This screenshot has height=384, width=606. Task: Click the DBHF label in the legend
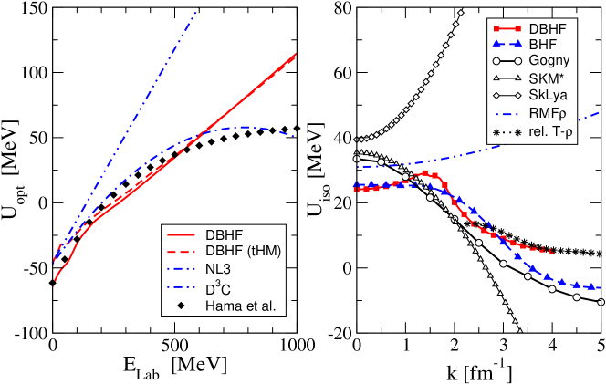(x=548, y=28)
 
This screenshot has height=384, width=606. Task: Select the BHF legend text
(x=544, y=44)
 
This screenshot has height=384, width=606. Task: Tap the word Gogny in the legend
(x=550, y=60)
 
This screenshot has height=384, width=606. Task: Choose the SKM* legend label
(x=549, y=78)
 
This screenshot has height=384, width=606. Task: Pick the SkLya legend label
(x=549, y=95)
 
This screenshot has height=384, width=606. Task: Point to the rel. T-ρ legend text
(x=552, y=132)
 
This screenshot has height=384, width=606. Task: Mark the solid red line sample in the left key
(x=181, y=234)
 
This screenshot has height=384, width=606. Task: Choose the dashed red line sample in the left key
(x=181, y=252)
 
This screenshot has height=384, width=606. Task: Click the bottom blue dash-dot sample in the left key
(x=181, y=287)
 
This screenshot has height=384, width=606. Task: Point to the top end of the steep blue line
(x=195, y=11)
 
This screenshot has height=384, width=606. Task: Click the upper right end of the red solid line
(x=297, y=54)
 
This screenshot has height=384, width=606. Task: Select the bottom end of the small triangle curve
(x=520, y=331)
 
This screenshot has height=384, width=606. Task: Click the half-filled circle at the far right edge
(x=601, y=302)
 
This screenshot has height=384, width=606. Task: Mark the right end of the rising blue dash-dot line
(x=600, y=113)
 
